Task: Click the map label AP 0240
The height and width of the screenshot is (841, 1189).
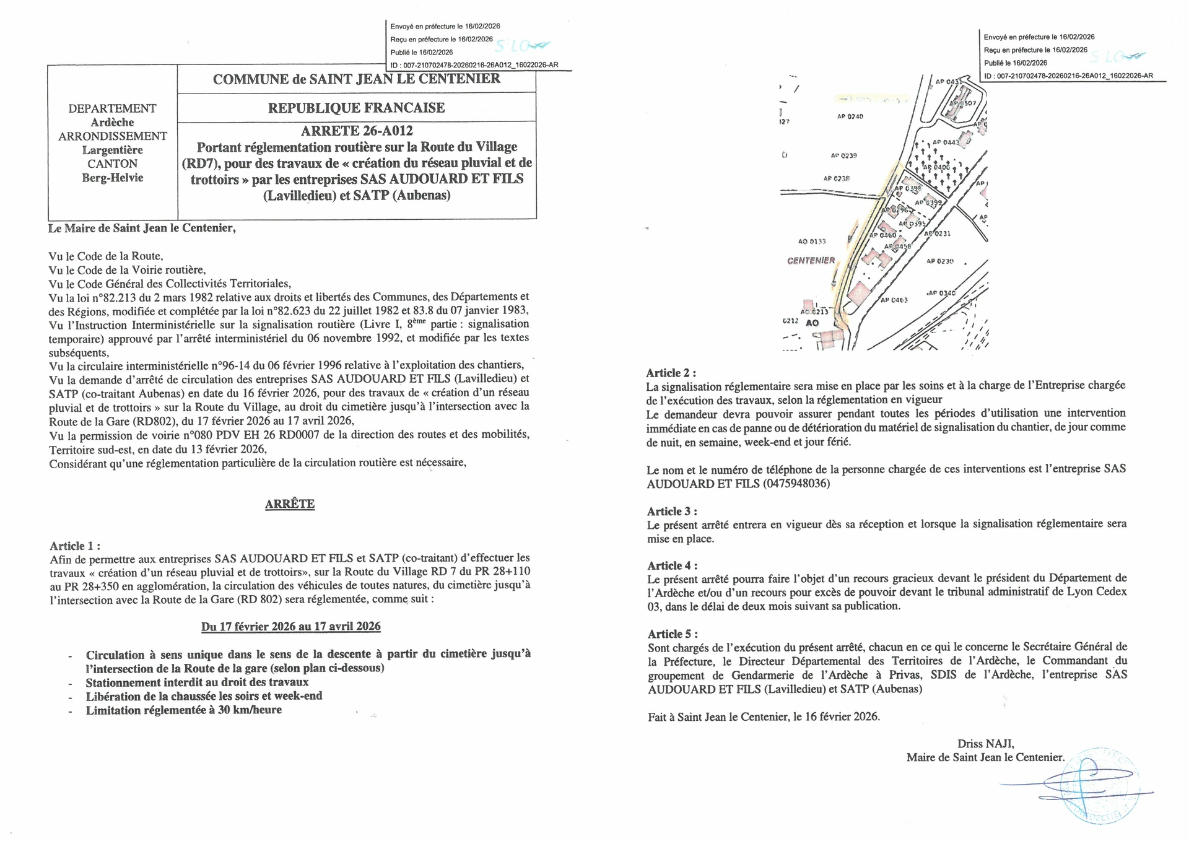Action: [x=850, y=116]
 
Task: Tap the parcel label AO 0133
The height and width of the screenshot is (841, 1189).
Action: [x=812, y=242]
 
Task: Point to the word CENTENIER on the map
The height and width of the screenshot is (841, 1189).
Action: [x=811, y=261]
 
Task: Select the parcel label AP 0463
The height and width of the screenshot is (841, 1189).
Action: [x=894, y=300]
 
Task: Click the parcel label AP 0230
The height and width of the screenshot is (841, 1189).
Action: [x=939, y=261]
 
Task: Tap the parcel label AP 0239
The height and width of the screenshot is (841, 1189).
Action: [x=843, y=155]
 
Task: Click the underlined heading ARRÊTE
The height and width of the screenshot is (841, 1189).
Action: [x=290, y=504]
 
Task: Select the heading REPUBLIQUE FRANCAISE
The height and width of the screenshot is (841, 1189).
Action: [x=356, y=108]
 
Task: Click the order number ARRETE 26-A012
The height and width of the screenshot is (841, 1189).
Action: [x=356, y=131]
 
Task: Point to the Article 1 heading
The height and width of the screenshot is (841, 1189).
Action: [x=75, y=546]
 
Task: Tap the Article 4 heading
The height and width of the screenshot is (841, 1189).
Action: [x=672, y=565]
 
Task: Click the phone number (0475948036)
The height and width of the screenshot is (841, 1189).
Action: [x=796, y=484]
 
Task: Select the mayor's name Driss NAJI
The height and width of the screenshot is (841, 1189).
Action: [x=985, y=744]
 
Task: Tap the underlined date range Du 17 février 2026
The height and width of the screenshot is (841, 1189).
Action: [x=291, y=626]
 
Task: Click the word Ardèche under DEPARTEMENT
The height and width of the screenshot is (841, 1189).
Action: [x=112, y=122]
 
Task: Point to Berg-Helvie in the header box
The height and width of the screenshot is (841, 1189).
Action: [x=112, y=178]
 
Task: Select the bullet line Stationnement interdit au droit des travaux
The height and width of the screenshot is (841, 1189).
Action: [x=197, y=682]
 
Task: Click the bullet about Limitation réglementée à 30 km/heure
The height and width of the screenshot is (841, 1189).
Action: [x=183, y=710]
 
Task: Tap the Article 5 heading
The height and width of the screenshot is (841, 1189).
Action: [x=673, y=634]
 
